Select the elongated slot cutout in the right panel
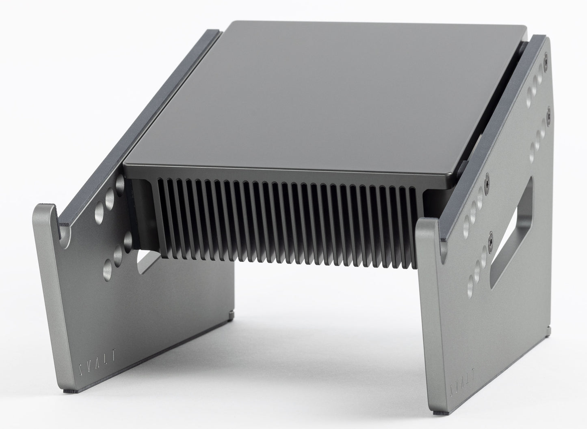pyautogui.click(x=511, y=233)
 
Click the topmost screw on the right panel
pyautogui.click(x=546, y=59)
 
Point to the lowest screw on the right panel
pyautogui.click(x=491, y=240)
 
